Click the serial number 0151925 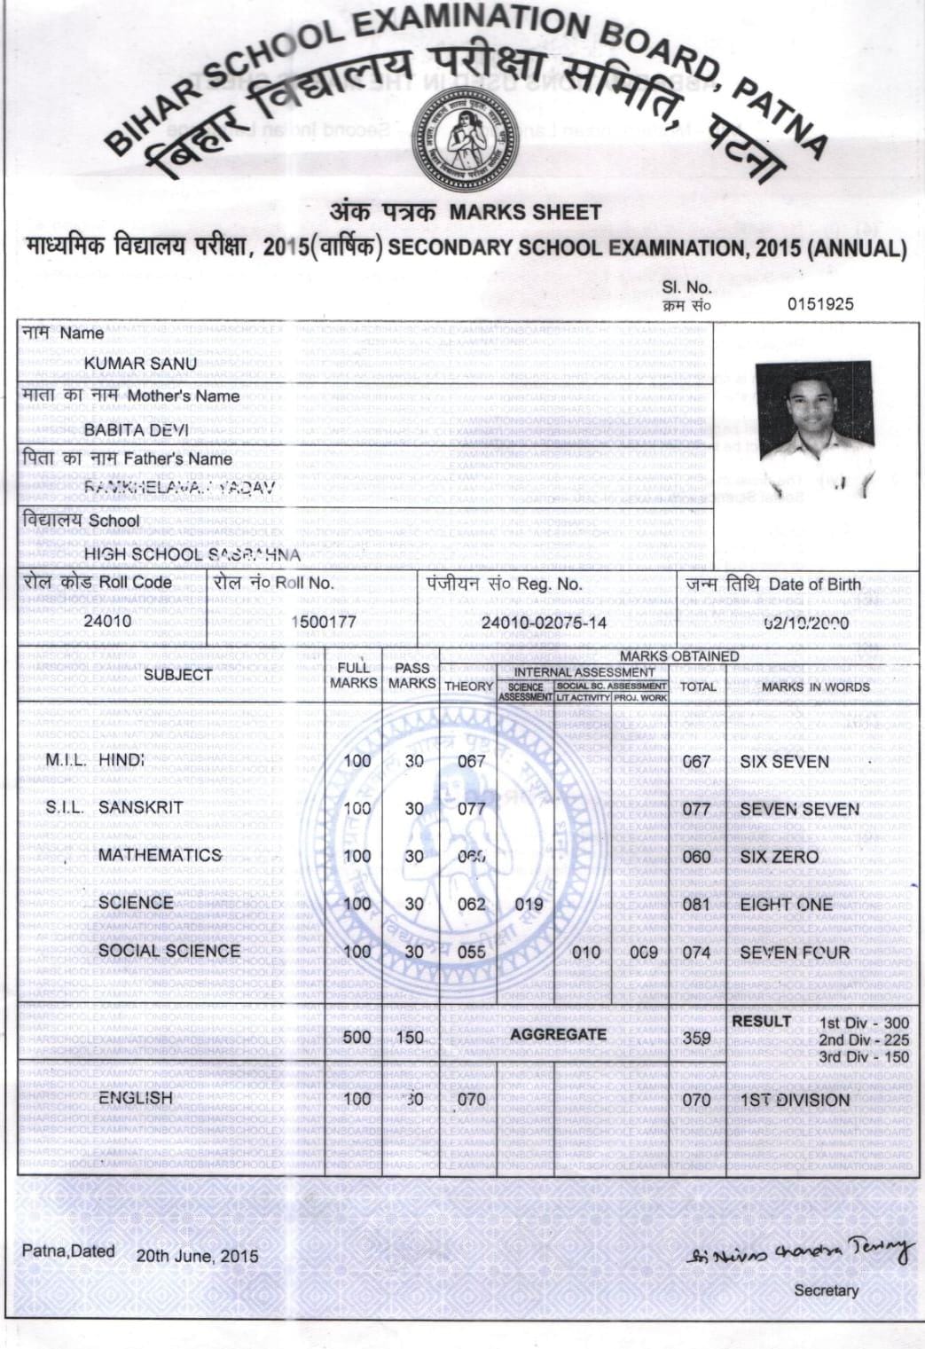click(820, 304)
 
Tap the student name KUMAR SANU click(140, 364)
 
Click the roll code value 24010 click(107, 621)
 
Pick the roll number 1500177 click(325, 622)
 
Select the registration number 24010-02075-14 click(544, 622)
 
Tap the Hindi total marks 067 click(696, 762)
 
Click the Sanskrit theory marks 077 click(471, 809)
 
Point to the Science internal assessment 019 click(529, 905)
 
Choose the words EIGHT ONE click(786, 905)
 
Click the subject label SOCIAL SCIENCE click(169, 951)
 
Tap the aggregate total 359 click(697, 1037)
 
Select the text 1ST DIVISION click(795, 1100)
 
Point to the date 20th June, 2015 click(197, 1256)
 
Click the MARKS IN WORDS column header click(815, 686)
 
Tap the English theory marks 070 click(471, 1100)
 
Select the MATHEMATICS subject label click(160, 855)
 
